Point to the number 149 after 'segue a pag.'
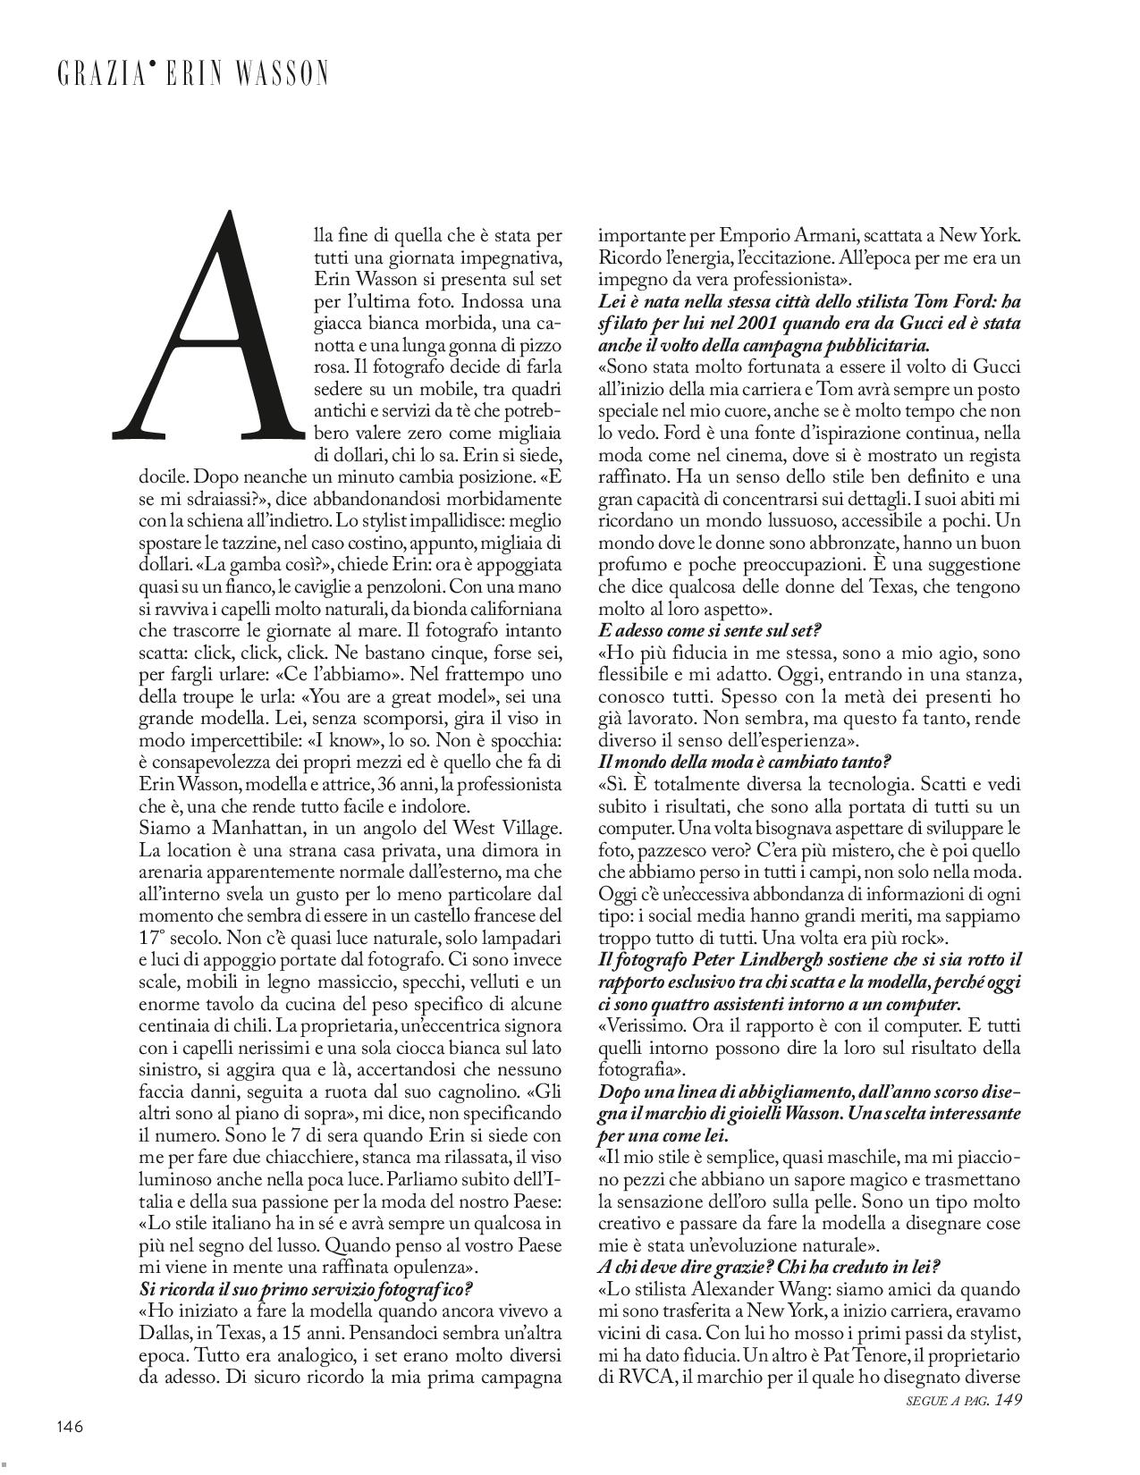tap(1008, 1400)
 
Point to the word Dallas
tap(166, 1334)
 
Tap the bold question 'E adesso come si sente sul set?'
tap(709, 630)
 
